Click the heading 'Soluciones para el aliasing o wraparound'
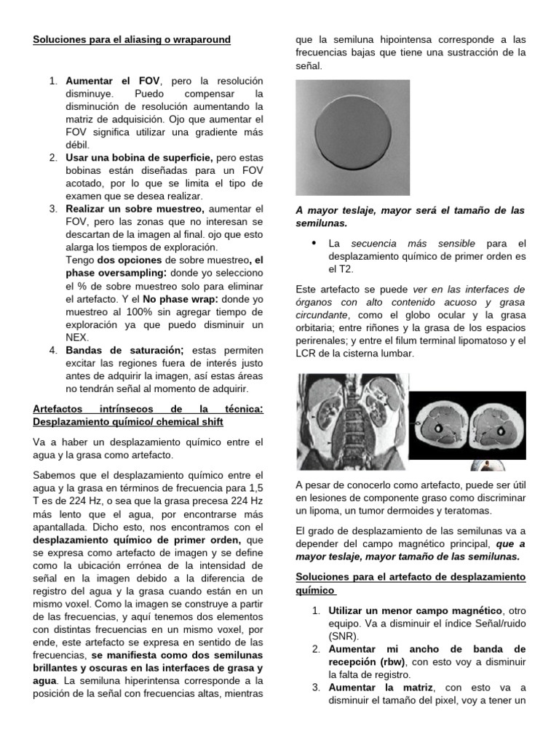(132, 39)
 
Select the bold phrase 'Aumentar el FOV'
(113, 80)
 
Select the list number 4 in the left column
(53, 350)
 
